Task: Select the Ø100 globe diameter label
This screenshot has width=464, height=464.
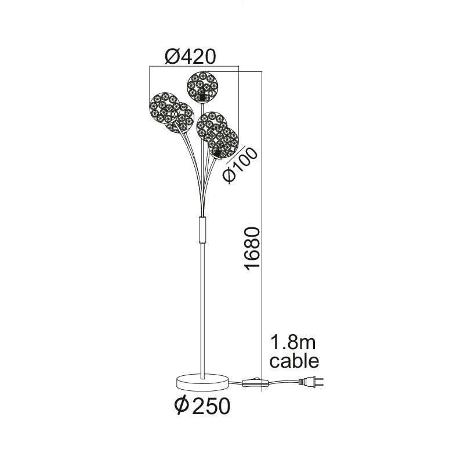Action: (x=240, y=165)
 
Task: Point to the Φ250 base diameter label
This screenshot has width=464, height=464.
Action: (x=202, y=405)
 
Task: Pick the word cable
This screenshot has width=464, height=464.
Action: (x=295, y=361)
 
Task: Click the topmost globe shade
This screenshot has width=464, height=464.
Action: (x=202, y=87)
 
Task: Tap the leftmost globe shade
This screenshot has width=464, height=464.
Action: (x=164, y=108)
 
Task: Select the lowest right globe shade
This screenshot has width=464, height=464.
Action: (x=223, y=143)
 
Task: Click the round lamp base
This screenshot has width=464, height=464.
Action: (x=202, y=383)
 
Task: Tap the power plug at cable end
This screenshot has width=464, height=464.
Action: (x=311, y=382)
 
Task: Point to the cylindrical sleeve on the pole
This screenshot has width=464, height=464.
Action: (x=202, y=229)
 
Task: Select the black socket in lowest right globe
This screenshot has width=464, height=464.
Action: (x=217, y=153)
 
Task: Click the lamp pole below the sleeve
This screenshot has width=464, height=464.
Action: (x=202, y=310)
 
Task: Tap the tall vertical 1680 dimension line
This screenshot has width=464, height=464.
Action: (x=262, y=231)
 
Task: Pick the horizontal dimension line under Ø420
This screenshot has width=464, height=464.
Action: (x=194, y=67)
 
